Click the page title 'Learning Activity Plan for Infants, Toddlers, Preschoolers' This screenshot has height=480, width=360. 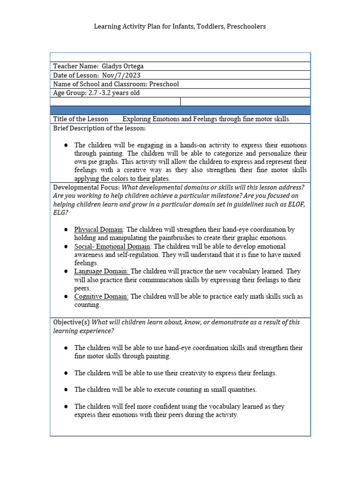[180, 27]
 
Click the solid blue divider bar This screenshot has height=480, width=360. [180, 110]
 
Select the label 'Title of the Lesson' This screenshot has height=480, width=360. [81, 119]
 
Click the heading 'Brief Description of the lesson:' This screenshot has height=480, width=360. [99, 128]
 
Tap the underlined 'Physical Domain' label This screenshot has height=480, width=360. [98, 230]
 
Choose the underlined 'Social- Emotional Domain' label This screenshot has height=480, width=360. [112, 247]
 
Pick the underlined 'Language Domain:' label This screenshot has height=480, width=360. [101, 271]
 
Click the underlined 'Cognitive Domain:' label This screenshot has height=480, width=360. [101, 297]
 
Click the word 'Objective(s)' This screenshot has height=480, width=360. [71, 322]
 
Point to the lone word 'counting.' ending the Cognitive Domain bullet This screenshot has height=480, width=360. [87, 305]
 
